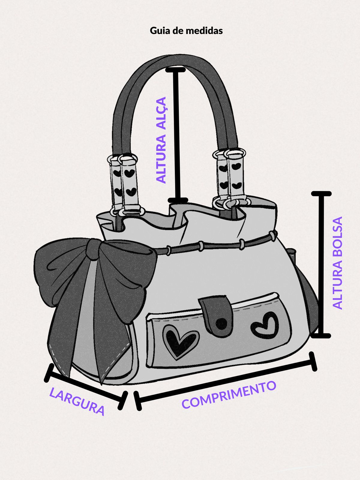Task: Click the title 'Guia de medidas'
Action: coord(186,31)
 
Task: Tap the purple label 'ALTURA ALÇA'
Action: coord(161,140)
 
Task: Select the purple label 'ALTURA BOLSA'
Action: coord(337,263)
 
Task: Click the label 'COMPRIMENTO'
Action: coord(229,394)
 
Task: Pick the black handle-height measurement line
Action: coord(177,135)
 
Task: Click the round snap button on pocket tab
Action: coord(221,323)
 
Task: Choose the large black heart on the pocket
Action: coord(180,342)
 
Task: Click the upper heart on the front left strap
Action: coord(129,173)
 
